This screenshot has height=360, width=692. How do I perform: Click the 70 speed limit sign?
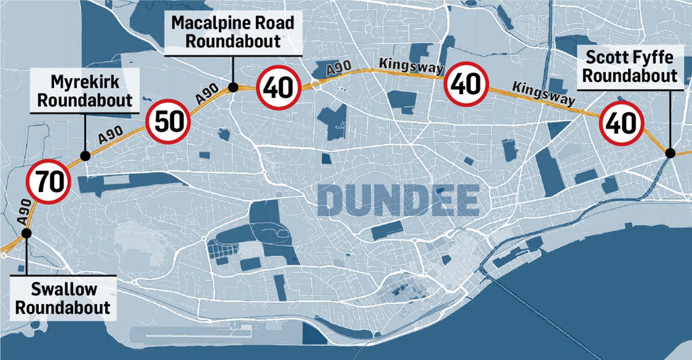(48, 182)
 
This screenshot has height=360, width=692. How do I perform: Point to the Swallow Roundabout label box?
(63, 298)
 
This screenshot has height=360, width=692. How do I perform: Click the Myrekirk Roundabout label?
(85, 91)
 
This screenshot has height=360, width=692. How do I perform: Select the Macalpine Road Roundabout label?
(233, 32)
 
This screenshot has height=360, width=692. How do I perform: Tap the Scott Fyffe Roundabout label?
(630, 67)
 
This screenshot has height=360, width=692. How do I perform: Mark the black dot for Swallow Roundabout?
(26, 233)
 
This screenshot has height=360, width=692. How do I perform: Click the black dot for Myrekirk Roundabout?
(85, 156)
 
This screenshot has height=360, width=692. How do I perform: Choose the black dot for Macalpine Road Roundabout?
(233, 87)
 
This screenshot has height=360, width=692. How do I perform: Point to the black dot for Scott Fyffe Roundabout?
(670, 153)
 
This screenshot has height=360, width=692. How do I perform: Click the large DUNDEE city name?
(398, 200)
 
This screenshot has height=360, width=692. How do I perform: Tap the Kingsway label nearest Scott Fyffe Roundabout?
(543, 93)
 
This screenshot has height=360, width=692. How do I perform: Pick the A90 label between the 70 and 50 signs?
(111, 135)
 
